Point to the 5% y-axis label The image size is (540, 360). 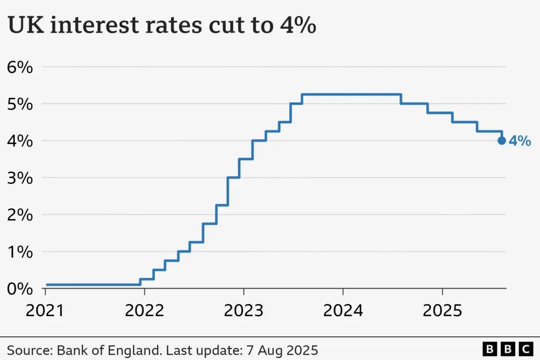[20, 104]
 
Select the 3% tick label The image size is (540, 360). [20, 178]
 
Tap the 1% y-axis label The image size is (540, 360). [20, 251]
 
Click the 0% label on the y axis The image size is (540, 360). [20, 288]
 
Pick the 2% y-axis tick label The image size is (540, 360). [20, 215]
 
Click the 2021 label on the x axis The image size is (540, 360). [45, 310]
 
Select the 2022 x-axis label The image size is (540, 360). [144, 310]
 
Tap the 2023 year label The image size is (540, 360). [244, 310]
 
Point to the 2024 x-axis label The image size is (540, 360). [343, 310]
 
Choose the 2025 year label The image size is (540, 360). [442, 310]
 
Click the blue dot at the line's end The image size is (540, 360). [502, 141]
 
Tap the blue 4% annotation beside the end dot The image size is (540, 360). [519, 141]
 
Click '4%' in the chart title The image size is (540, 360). [298, 25]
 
